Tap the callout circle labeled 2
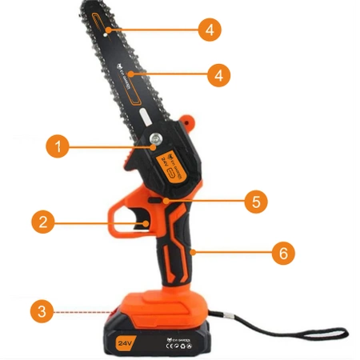click(x=44, y=221)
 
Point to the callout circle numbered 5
click(x=255, y=201)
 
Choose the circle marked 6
click(x=282, y=254)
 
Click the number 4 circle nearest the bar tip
click(x=209, y=30)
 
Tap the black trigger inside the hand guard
click(x=146, y=220)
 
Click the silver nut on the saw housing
click(x=153, y=144)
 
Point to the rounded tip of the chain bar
click(x=90, y=6)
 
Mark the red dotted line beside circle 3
click(x=88, y=311)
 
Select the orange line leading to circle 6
click(x=233, y=253)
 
